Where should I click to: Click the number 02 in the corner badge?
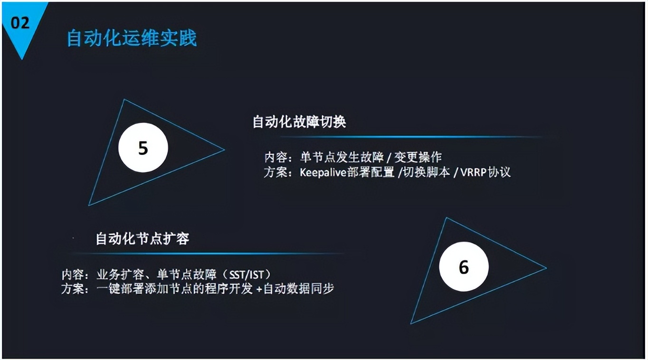pos(20,23)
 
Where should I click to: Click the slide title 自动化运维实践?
pos(132,38)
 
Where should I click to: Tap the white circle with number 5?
pos(143,148)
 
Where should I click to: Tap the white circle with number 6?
pos(464,266)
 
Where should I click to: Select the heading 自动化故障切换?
pos(299,122)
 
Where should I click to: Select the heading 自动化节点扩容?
pos(143,239)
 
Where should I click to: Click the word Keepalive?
pos(323,172)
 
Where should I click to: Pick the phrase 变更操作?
pos(418,157)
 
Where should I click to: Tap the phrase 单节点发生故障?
pos(342,157)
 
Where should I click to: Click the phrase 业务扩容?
pos(120,275)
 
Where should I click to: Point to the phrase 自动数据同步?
pos(299,289)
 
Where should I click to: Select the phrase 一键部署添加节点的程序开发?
pos(174,289)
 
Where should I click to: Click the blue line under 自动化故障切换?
pos(411,137)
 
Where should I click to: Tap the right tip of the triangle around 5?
pos(224,150)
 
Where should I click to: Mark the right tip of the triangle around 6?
pos(546,268)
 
